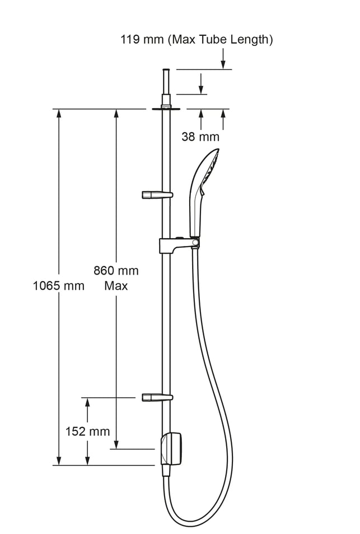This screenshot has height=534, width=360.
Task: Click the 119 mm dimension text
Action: [142, 40]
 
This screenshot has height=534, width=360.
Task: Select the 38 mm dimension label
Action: [200, 137]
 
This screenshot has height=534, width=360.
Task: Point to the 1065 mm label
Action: [59, 285]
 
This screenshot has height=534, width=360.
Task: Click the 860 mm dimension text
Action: [116, 271]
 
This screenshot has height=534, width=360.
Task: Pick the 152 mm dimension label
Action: [88, 431]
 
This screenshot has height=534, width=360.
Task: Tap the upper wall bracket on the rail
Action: [157, 195]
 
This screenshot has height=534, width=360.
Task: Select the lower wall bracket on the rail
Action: [157, 397]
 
